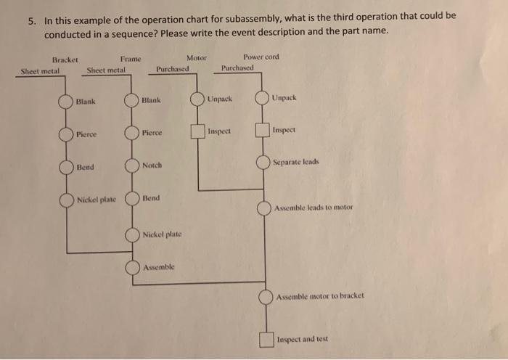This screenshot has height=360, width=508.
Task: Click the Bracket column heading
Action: tap(66, 60)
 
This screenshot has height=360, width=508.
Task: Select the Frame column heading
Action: tap(131, 59)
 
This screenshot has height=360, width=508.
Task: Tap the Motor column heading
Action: tap(196, 57)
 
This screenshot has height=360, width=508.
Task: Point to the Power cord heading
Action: tap(261, 57)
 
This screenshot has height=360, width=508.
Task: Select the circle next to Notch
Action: tap(132, 165)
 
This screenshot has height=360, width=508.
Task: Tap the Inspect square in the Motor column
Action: tap(197, 132)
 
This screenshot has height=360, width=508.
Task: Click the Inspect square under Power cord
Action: tap(262, 131)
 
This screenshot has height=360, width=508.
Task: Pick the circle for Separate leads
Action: tap(263, 163)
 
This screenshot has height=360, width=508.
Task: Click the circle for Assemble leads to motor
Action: tap(265, 208)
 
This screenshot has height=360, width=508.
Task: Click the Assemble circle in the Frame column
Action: tap(132, 267)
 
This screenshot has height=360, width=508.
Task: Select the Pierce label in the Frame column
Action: tap(152, 134)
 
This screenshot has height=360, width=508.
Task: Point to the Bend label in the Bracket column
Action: tap(85, 168)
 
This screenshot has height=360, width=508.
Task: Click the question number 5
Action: tap(32, 21)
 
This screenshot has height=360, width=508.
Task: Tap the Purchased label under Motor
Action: tap(173, 70)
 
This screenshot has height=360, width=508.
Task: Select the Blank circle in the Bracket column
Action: tap(66, 102)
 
